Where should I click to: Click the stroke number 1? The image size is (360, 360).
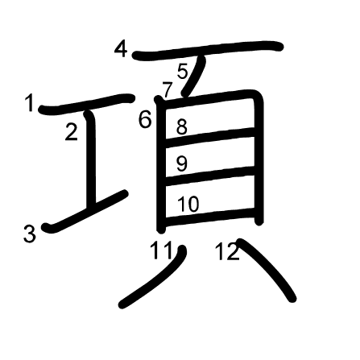point(29,103)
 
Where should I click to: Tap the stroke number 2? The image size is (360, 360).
point(72,132)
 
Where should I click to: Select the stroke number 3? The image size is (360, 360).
point(29,234)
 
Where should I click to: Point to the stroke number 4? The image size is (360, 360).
point(121,49)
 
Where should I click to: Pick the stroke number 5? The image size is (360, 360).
point(183,72)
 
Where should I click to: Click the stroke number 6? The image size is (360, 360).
point(145,119)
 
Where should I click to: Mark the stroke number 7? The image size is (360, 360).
point(167,90)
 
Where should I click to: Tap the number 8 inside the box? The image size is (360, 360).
point(182,126)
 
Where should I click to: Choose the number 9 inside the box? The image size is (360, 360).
point(182,163)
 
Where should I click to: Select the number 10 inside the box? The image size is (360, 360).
point(188,204)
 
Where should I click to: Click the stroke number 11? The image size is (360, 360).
point(161,250)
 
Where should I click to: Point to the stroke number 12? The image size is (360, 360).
point(227,251)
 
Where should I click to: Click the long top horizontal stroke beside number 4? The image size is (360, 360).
point(207,51)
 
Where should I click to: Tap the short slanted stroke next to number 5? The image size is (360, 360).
point(193,76)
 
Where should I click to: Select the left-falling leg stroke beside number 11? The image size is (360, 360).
point(152,277)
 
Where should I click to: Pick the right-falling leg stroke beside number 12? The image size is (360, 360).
point(267,269)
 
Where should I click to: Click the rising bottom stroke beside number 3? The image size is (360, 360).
point(85,211)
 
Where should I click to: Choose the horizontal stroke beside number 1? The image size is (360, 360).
point(87,104)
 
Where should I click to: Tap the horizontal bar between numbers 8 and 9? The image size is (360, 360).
point(209,137)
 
